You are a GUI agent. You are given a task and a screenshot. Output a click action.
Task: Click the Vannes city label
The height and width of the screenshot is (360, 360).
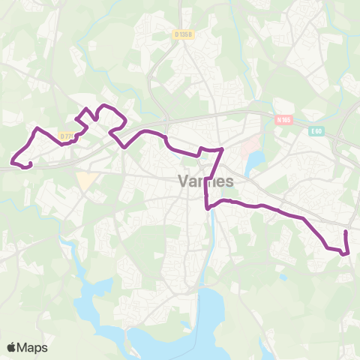[206, 181]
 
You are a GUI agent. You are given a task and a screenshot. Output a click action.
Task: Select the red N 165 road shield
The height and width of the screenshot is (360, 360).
[282, 119]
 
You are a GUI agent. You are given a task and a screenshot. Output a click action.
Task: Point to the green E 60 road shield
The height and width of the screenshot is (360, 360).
[316, 131]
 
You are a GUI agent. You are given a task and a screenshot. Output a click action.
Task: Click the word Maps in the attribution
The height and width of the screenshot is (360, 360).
[33, 347]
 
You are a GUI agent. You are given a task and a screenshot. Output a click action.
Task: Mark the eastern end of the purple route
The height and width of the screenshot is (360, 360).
[346, 233]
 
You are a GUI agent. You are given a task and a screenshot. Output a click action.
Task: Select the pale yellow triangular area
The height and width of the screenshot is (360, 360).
[87, 181]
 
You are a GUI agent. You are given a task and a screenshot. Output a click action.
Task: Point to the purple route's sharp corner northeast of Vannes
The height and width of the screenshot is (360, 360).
[222, 150]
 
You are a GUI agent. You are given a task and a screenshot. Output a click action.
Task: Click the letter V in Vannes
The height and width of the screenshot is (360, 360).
[184, 181]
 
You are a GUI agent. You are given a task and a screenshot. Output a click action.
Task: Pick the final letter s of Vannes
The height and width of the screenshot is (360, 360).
[229, 181]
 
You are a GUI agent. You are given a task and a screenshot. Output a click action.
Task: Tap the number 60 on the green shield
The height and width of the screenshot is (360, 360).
[318, 131]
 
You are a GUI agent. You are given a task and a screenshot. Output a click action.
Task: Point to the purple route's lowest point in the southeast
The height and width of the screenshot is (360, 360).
[343, 254]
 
